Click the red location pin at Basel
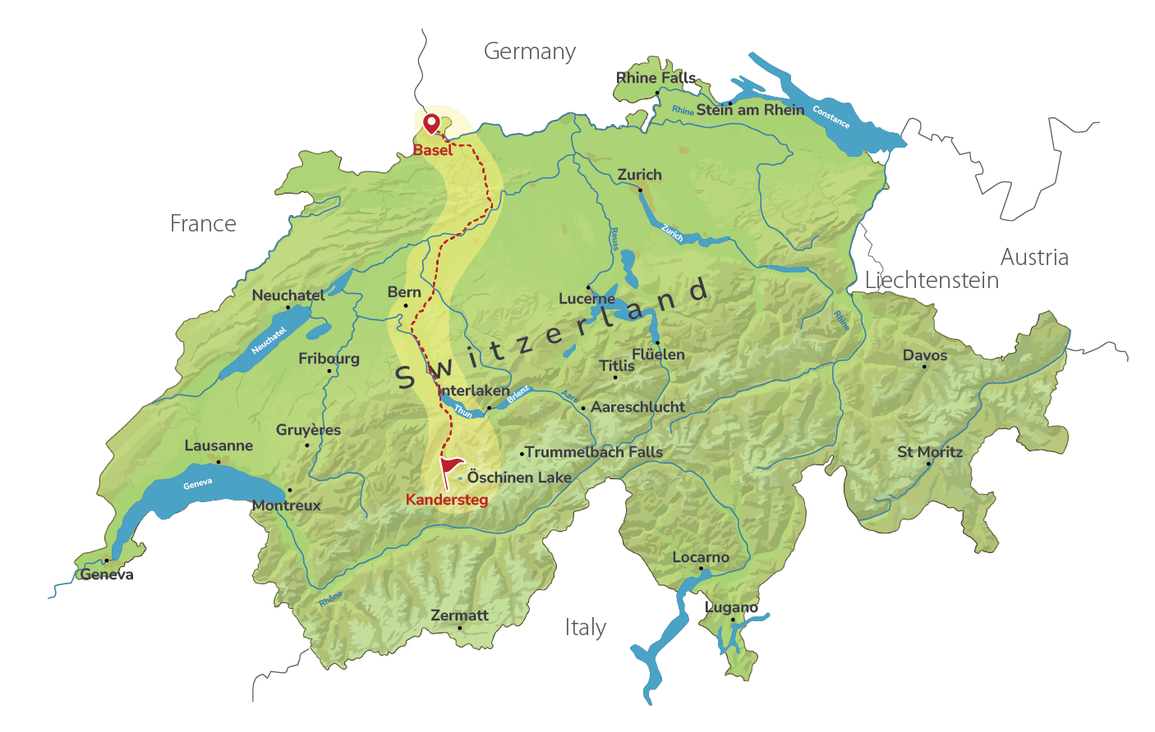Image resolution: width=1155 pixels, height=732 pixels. [x=430, y=123]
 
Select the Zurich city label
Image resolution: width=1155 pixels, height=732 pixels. [x=639, y=175]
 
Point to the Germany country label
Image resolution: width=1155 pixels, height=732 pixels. [x=529, y=52]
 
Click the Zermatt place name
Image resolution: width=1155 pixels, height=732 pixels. [x=459, y=615]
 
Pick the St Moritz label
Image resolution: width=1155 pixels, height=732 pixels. [x=929, y=452]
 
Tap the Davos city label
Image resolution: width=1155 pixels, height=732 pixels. [x=924, y=355]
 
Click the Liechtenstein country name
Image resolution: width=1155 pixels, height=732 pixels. [x=932, y=281]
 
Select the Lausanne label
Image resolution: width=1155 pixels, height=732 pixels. [x=219, y=446]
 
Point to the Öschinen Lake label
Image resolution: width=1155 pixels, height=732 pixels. [x=518, y=478]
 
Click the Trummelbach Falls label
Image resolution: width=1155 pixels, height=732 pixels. [x=593, y=452]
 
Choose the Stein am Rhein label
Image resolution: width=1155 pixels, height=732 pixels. [x=750, y=110]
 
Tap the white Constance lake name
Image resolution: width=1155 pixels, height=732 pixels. [x=831, y=117]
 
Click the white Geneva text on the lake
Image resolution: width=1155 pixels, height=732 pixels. [x=197, y=484]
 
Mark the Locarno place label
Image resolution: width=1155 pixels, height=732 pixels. [x=700, y=557]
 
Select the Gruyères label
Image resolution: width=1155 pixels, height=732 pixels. [x=308, y=430]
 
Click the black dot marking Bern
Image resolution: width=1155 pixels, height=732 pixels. [x=405, y=306]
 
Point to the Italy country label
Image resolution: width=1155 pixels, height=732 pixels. [x=585, y=628]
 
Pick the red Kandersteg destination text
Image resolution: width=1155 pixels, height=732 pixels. [x=446, y=500]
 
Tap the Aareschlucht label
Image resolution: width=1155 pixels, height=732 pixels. [x=637, y=407]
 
